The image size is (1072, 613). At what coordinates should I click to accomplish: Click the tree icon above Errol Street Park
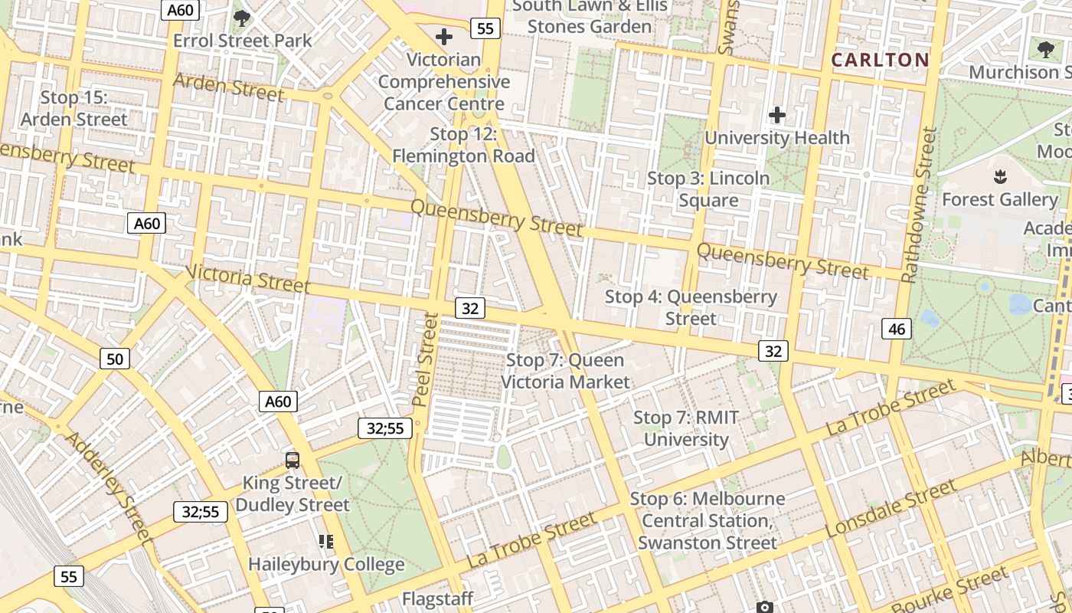click(x=243, y=18)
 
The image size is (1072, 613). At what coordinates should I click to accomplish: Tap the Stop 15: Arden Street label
click(x=74, y=109)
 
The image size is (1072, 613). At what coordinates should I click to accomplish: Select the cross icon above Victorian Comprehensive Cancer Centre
click(x=443, y=36)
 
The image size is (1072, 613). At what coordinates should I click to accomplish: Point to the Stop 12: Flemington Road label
click(x=463, y=145)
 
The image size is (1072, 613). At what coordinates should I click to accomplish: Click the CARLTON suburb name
click(x=880, y=60)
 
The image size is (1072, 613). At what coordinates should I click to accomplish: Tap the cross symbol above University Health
click(x=777, y=115)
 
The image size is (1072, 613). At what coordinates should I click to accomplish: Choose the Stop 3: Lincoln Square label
click(x=708, y=189)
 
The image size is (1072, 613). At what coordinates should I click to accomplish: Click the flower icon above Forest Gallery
click(x=998, y=178)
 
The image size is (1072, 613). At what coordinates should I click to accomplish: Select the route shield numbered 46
click(x=897, y=329)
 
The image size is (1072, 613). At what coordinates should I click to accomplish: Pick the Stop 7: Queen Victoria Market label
click(x=565, y=371)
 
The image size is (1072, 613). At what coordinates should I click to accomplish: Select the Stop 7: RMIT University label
click(x=686, y=428)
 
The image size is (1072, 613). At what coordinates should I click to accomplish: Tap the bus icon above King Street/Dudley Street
click(x=293, y=460)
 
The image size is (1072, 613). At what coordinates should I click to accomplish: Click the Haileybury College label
click(x=326, y=565)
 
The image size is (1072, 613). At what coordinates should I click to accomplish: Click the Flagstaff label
click(x=438, y=598)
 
